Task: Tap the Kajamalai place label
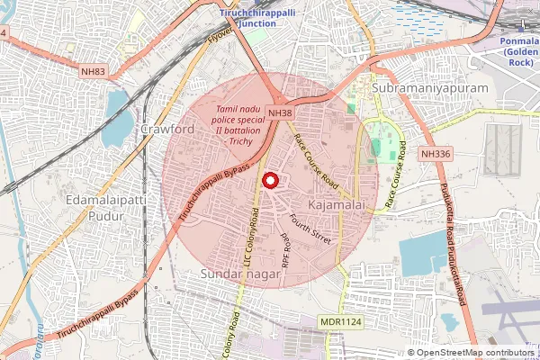coord(336,207)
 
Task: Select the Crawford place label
coord(167,130)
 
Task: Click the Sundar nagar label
coord(240,273)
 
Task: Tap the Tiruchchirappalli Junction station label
coord(260,17)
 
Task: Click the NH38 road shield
coord(279,112)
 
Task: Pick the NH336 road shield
coord(435,154)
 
